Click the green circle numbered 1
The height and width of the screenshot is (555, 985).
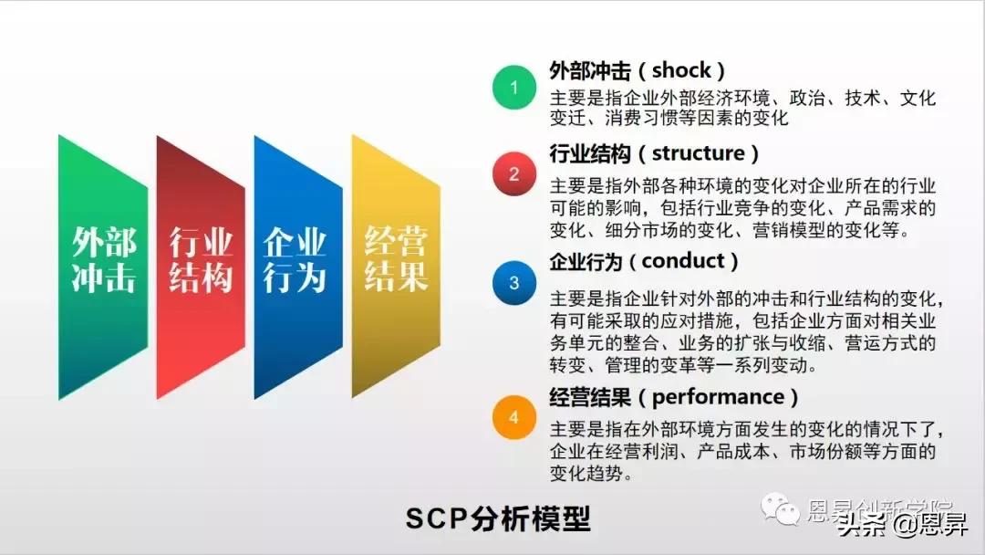[x=513, y=88]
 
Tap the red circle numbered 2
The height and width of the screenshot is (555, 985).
[x=513, y=174]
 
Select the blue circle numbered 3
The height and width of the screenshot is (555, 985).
[x=513, y=283]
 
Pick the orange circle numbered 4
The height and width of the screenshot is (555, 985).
[x=513, y=418]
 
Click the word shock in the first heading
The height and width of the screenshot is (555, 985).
[x=680, y=69]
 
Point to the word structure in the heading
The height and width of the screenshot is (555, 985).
[x=698, y=152]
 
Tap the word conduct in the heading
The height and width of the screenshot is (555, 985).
[x=689, y=261]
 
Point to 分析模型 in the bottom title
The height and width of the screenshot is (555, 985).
[x=531, y=518]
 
